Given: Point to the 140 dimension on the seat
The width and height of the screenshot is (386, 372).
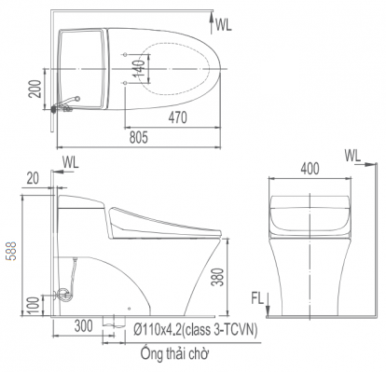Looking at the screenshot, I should [138, 68].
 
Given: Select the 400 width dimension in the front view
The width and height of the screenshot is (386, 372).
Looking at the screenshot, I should [310, 169].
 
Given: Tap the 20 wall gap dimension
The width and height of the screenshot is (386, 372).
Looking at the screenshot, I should [33, 177].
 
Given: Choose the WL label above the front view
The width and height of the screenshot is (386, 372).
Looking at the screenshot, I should [353, 154].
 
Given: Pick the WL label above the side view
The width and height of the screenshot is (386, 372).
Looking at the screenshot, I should [72, 162].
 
